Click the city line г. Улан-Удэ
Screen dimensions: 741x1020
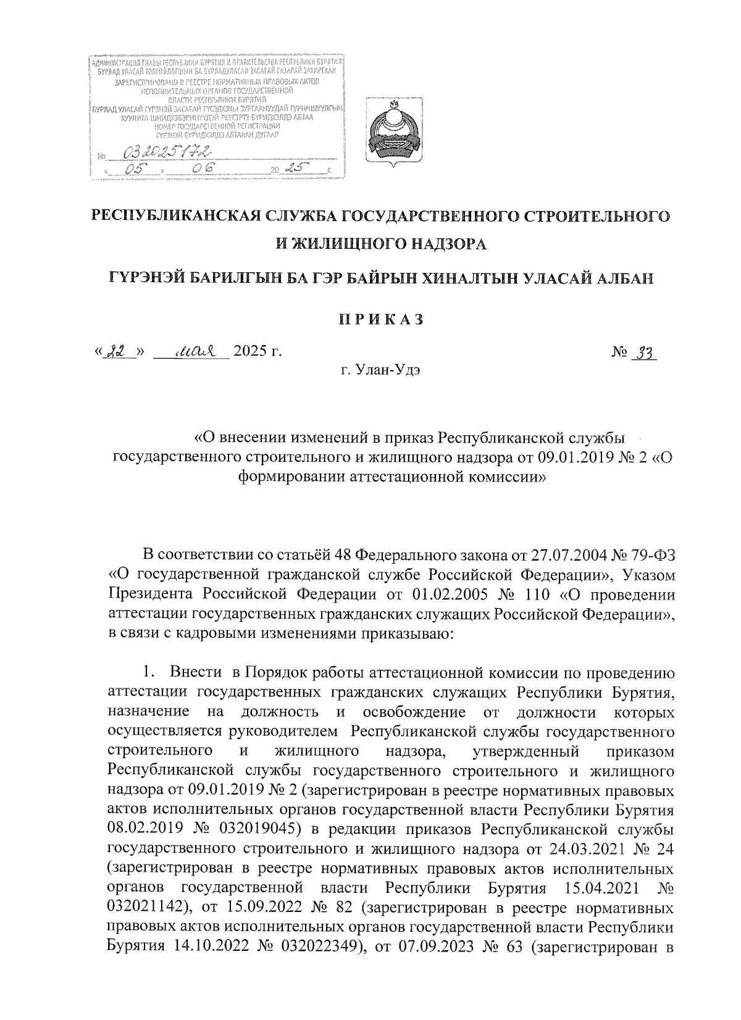(380, 371)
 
